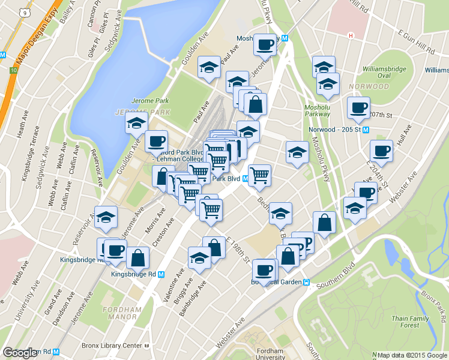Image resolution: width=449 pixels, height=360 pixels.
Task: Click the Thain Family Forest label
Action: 410,321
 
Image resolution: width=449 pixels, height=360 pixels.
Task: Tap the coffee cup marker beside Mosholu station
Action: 265,44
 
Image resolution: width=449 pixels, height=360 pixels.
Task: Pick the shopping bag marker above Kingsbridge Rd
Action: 138,258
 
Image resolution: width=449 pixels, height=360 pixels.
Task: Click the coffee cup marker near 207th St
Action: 358,108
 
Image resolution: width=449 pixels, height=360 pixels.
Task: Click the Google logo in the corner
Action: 20,353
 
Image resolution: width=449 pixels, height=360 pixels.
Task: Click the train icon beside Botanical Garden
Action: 306,283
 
